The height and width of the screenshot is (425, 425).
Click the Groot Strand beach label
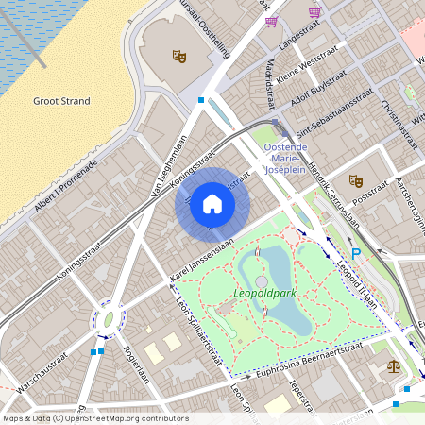click(60, 100)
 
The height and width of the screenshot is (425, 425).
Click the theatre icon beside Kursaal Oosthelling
click(178, 56)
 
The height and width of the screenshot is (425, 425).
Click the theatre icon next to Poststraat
click(356, 179)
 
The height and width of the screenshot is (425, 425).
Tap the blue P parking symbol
click(356, 254)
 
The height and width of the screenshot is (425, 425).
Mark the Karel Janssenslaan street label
click(200, 263)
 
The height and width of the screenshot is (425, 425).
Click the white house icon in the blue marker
click(212, 204)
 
